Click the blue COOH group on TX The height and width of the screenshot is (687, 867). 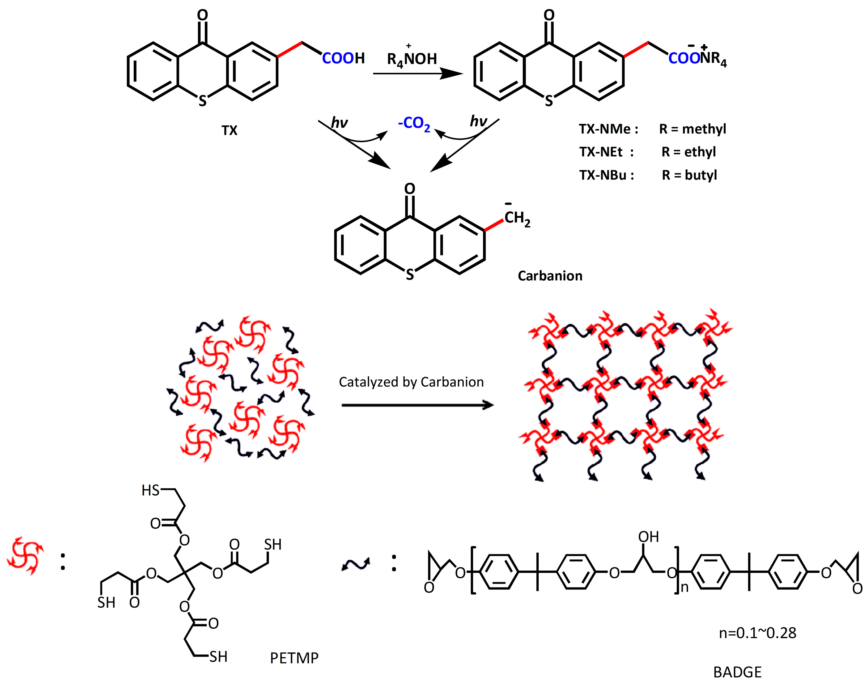[x=343, y=59]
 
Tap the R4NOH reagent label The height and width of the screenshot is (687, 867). [x=411, y=59]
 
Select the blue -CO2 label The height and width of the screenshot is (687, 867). [x=414, y=123]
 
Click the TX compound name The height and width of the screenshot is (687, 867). [x=229, y=131]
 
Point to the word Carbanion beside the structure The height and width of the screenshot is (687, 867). [x=550, y=276]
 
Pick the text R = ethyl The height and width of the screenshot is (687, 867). [x=688, y=152]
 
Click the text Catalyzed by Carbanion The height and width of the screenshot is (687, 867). [x=411, y=382]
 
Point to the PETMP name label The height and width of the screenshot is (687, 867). [x=294, y=658]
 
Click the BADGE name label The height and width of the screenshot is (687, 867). [x=737, y=672]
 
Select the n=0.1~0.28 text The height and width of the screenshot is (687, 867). [x=757, y=633]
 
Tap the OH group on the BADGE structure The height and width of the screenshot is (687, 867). [x=648, y=537]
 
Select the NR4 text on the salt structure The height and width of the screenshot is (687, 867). [x=713, y=59]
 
